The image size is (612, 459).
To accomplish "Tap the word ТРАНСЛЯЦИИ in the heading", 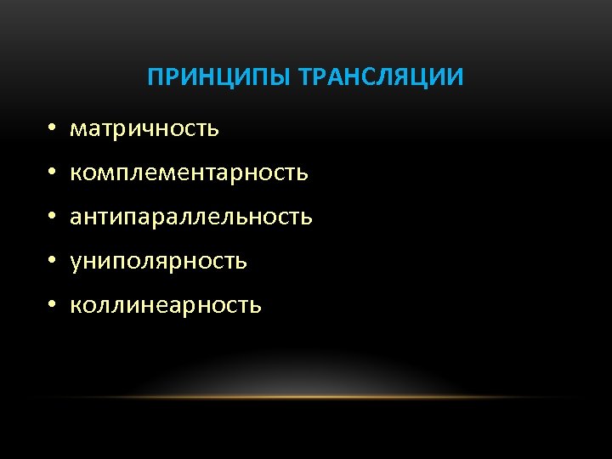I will pyautogui.click(x=381, y=78).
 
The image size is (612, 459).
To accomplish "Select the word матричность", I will pyautogui.click(x=144, y=128).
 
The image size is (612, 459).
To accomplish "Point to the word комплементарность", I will pyautogui.click(x=189, y=173).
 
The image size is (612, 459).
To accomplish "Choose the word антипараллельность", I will pyautogui.click(x=191, y=217).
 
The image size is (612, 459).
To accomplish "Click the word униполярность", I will pyautogui.click(x=158, y=261).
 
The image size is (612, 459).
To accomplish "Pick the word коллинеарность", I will pyautogui.click(x=166, y=305).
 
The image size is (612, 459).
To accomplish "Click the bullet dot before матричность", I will pyautogui.click(x=52, y=129).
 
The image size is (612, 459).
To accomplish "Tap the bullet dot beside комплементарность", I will pyautogui.click(x=52, y=173).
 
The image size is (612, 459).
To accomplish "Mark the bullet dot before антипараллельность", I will pyautogui.click(x=52, y=218).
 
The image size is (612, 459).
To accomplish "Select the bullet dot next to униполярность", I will pyautogui.click(x=52, y=262).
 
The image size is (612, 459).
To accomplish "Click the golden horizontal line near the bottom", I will pyautogui.click(x=306, y=397).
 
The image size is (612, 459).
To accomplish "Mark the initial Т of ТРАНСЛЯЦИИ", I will pyautogui.click(x=306, y=78).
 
